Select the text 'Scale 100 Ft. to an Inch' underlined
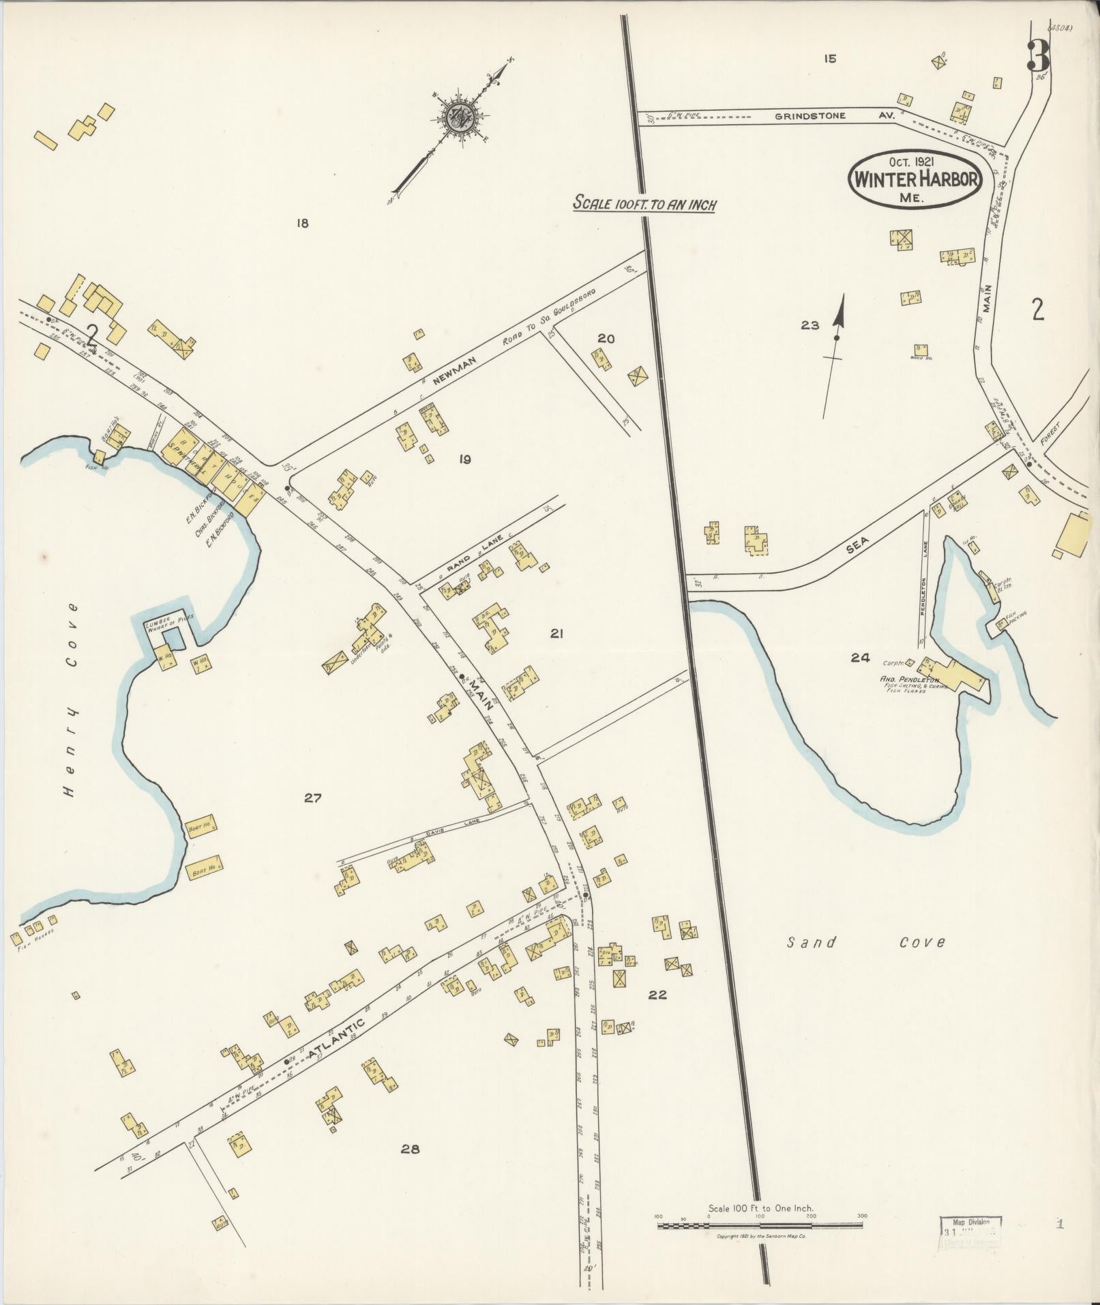(644, 203)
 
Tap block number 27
(312, 797)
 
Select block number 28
(409, 1149)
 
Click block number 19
(464, 459)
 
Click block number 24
(860, 658)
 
